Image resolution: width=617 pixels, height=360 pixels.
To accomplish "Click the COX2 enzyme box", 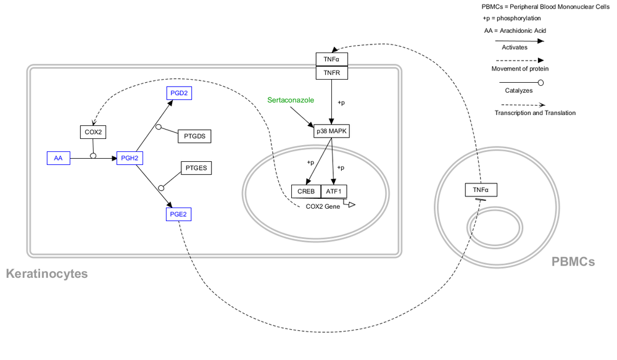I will (93, 132).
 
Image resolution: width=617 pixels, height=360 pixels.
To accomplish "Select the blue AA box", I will (58, 159).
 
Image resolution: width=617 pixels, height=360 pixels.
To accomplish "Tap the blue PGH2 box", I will (130, 159).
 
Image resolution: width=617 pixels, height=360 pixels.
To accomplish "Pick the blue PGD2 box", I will (179, 93).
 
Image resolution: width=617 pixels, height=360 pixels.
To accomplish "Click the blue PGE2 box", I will (179, 214).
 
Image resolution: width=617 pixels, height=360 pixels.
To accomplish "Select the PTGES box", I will (196, 168).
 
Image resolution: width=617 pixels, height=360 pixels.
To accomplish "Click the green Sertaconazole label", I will (291, 100).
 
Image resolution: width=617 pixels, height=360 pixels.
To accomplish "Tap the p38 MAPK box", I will (332, 132).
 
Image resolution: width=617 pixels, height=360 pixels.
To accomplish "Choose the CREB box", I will (306, 191).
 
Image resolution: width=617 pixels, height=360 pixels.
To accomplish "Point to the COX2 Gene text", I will (323, 206).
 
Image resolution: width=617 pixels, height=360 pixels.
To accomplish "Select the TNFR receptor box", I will (332, 73).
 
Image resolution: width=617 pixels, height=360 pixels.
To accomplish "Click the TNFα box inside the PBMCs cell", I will (481, 190).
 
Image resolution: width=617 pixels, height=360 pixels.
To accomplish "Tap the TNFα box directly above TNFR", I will (332, 59).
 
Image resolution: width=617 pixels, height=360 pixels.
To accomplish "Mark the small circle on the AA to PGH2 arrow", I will (93, 156).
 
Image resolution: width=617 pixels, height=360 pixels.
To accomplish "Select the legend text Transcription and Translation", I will (535, 113).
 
